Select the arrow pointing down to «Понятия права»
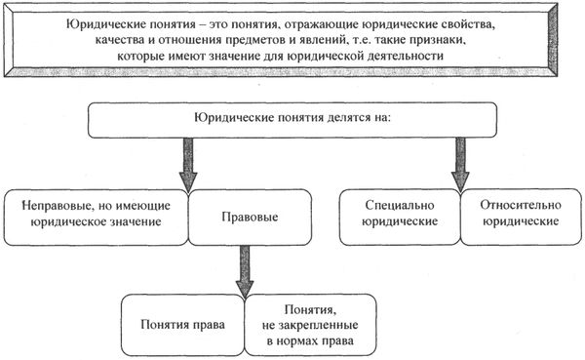tap(239, 266)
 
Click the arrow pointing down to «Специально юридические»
tap(458, 161)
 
